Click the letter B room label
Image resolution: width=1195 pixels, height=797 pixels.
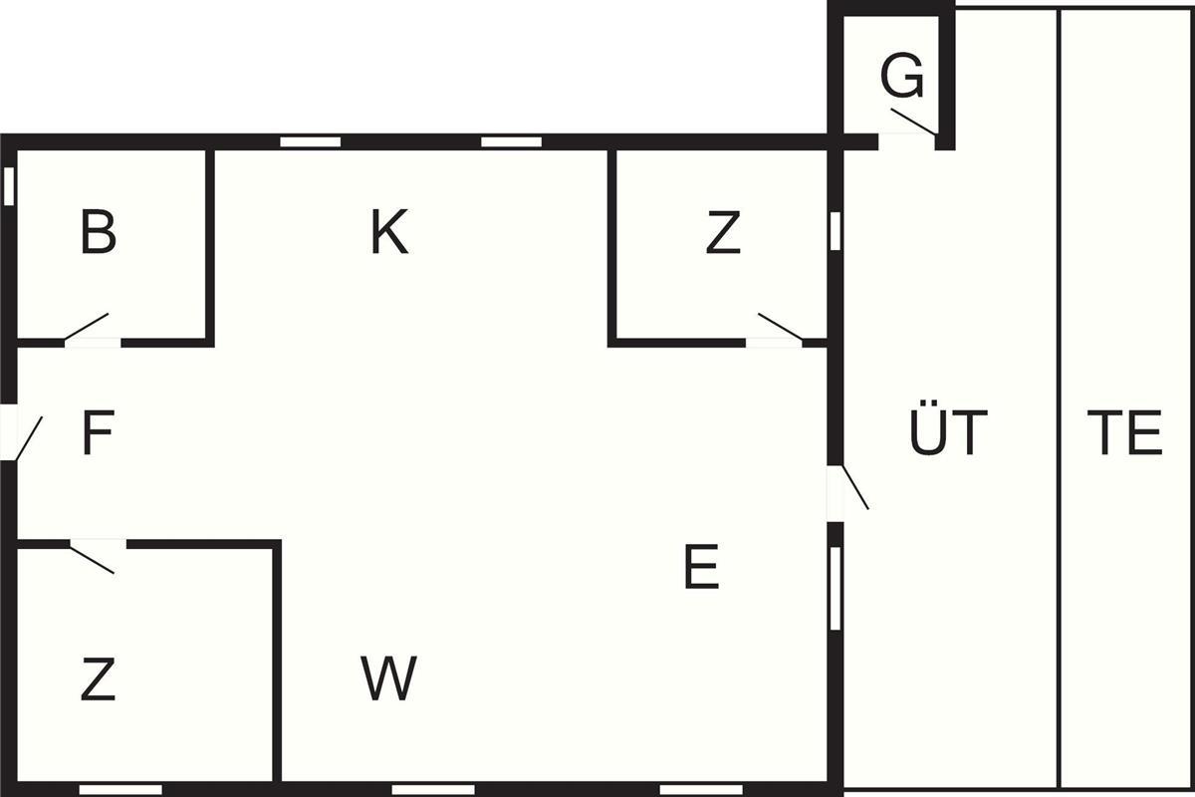click(x=99, y=233)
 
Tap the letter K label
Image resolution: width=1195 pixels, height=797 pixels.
click(x=389, y=233)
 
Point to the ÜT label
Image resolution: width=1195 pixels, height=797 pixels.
click(x=948, y=433)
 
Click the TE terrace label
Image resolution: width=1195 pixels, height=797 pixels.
click(x=1124, y=433)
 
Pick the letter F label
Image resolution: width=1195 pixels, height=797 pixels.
click(x=97, y=434)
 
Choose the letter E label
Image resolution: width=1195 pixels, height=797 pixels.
click(x=701, y=569)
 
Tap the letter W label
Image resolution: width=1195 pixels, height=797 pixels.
click(x=389, y=679)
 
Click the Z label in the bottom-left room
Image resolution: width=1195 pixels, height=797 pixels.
click(x=97, y=680)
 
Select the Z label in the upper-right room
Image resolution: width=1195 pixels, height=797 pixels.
click(x=723, y=234)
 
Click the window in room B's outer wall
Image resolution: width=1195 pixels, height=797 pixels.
click(x=9, y=185)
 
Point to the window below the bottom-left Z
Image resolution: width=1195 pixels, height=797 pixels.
click(x=120, y=789)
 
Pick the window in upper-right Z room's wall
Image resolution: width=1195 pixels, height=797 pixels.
click(x=836, y=230)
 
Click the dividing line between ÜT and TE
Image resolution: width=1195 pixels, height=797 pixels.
click(x=1058, y=398)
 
